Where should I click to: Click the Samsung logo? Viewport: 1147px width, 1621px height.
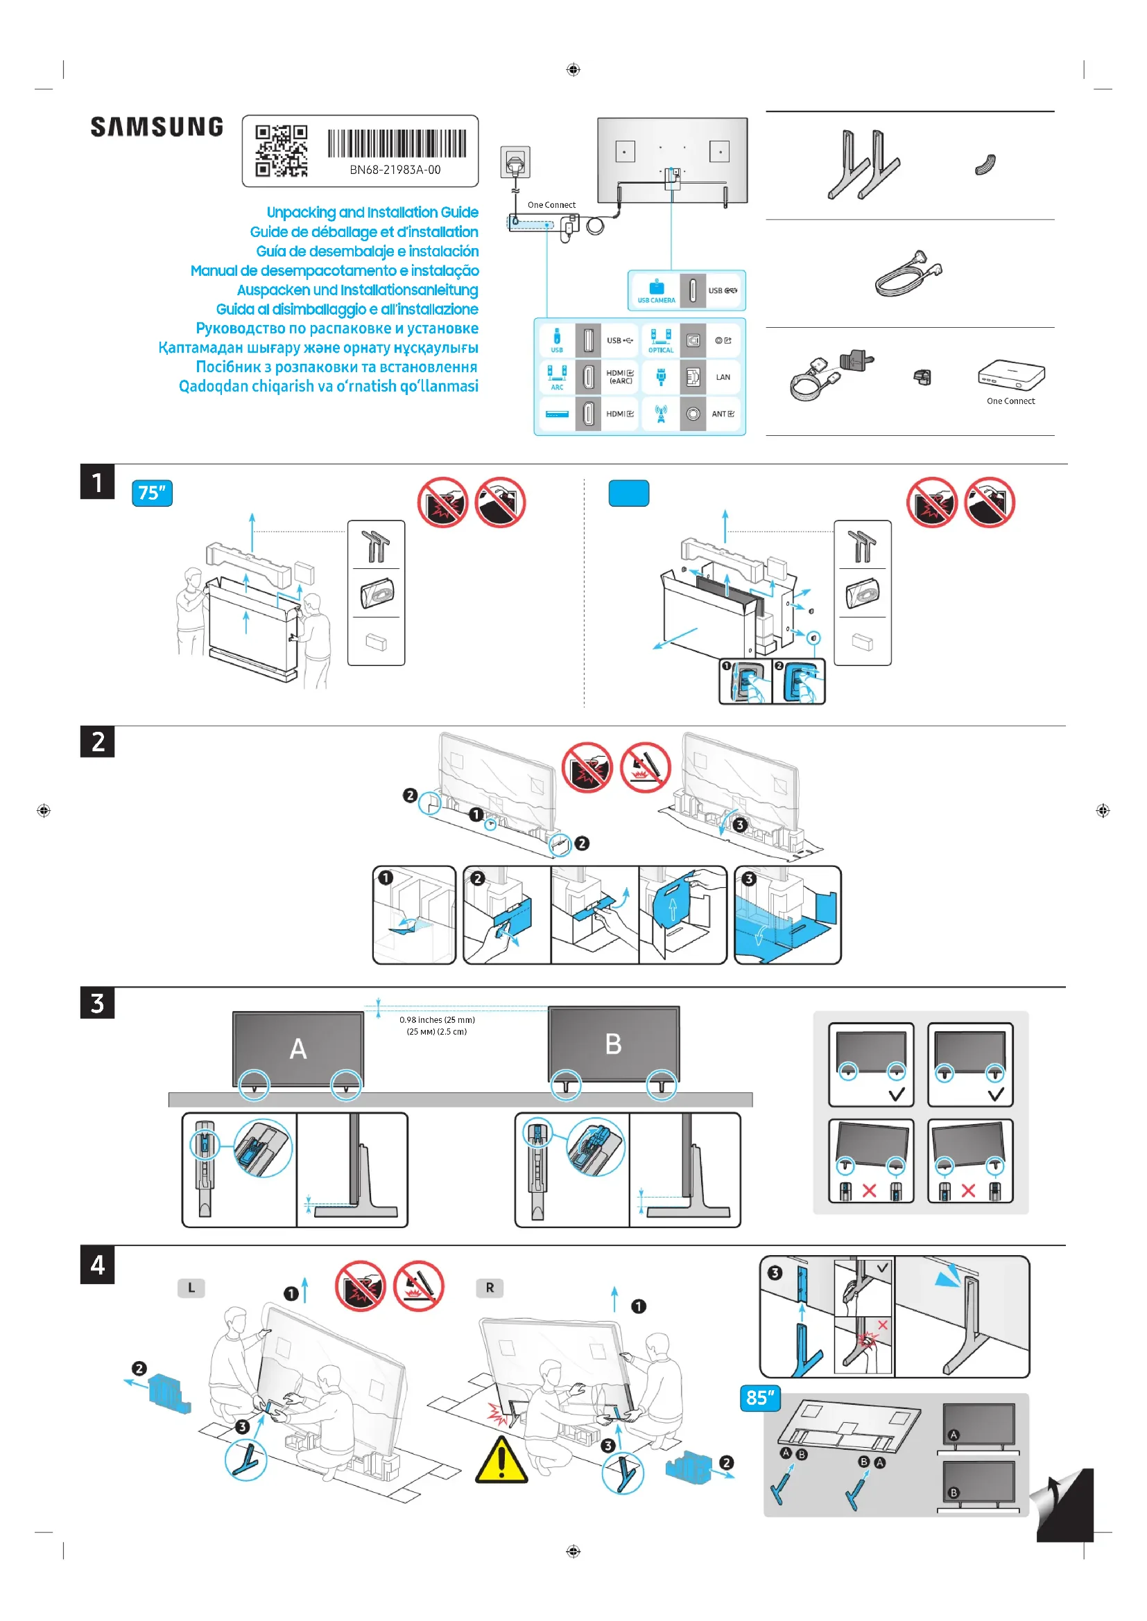tap(157, 127)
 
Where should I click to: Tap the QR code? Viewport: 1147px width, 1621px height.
tap(281, 150)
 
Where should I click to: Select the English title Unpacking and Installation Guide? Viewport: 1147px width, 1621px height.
tap(372, 213)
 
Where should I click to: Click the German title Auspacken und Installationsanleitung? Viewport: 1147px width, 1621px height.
tap(357, 290)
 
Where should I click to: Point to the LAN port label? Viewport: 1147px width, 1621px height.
tap(723, 377)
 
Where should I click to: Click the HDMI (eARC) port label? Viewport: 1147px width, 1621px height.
tap(620, 377)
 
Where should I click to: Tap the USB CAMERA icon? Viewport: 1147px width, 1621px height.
tap(656, 291)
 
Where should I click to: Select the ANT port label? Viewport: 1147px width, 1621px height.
tap(723, 414)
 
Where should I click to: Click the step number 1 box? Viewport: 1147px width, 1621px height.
tap(98, 482)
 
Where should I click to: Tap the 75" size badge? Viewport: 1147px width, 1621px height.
tap(152, 493)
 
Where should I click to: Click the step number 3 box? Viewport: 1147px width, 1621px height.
tap(98, 1003)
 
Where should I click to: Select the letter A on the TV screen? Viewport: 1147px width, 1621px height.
tap(298, 1049)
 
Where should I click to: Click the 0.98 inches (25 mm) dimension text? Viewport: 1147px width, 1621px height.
tap(437, 1020)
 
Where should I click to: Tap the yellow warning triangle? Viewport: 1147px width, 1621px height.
tap(501, 1460)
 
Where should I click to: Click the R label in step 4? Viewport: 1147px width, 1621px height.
tap(490, 1288)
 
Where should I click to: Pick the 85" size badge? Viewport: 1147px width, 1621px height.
tap(760, 1398)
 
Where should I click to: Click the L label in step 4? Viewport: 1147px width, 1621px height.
tap(191, 1288)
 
